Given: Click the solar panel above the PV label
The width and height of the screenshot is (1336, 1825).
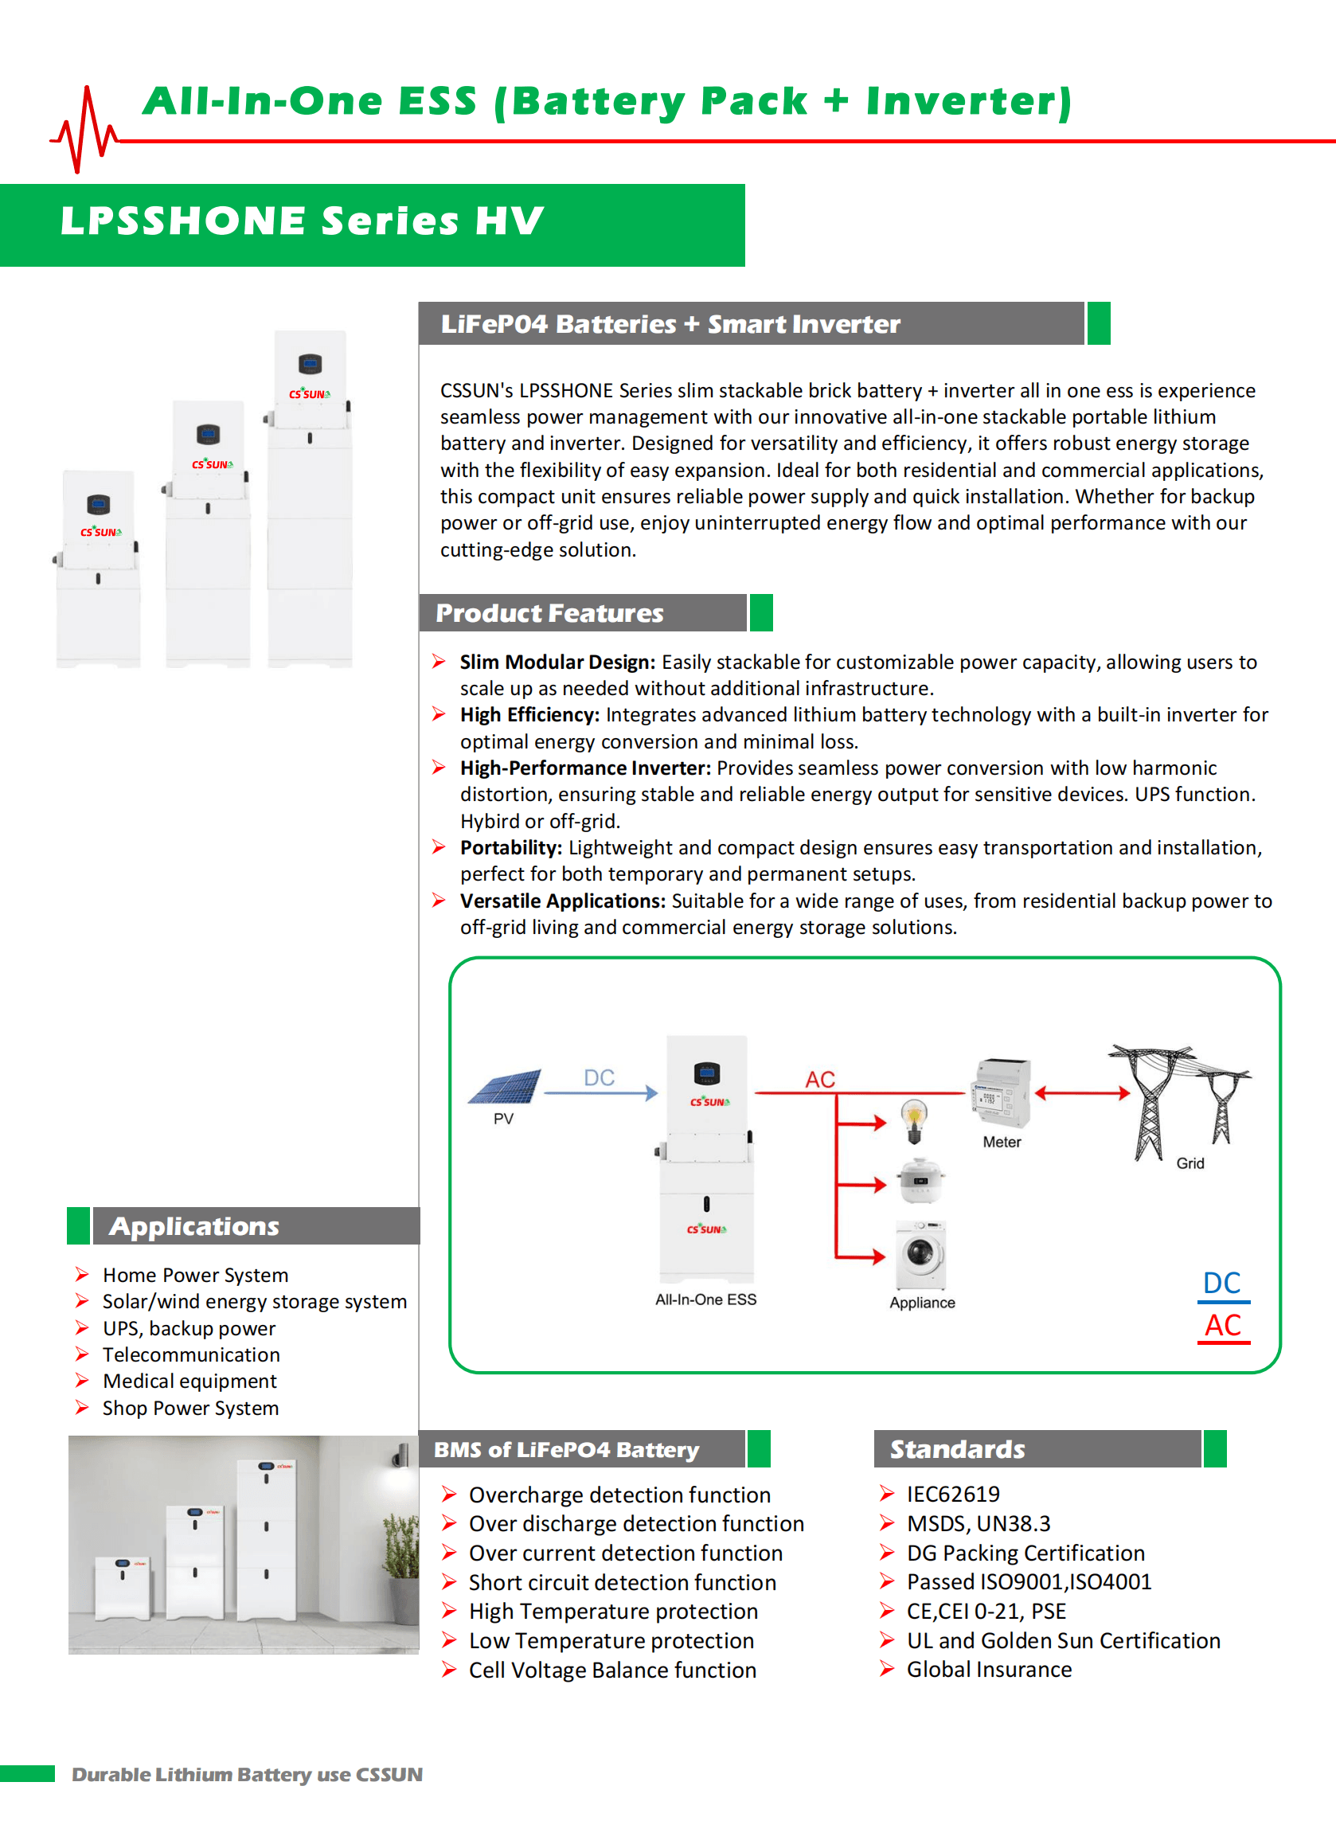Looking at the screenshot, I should click(x=505, y=1086).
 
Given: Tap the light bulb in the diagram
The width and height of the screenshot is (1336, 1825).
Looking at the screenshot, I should click(x=914, y=1120).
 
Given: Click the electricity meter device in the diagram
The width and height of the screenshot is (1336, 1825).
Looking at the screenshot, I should click(x=1001, y=1092).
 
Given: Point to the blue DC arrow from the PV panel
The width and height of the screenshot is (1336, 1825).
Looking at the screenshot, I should click(x=600, y=1092).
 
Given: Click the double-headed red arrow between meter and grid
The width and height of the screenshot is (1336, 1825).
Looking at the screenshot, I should click(x=1082, y=1093).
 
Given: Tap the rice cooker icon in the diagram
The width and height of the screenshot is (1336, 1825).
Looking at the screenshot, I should click(x=920, y=1182).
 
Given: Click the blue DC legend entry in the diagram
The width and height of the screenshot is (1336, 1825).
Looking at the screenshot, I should click(x=1222, y=1284).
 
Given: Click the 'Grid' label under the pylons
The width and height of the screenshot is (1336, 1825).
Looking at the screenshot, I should click(x=1190, y=1163).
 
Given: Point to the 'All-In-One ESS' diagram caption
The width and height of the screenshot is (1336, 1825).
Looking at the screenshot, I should click(x=705, y=1299).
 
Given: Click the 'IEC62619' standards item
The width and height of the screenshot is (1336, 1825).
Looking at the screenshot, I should click(x=953, y=1494).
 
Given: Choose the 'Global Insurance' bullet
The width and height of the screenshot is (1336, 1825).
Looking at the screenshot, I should click(x=988, y=1669).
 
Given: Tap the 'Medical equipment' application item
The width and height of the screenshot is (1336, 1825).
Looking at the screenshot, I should click(x=189, y=1381).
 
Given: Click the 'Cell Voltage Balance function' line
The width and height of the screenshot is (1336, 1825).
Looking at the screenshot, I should click(x=612, y=1670).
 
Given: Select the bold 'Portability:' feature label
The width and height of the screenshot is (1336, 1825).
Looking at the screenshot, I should click(x=511, y=847).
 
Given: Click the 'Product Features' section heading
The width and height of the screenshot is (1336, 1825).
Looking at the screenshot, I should click(x=550, y=613).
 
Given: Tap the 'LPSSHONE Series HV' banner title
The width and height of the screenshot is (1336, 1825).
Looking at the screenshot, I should click(x=303, y=221).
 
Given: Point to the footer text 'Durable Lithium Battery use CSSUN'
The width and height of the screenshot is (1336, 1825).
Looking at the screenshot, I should click(x=247, y=1774).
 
